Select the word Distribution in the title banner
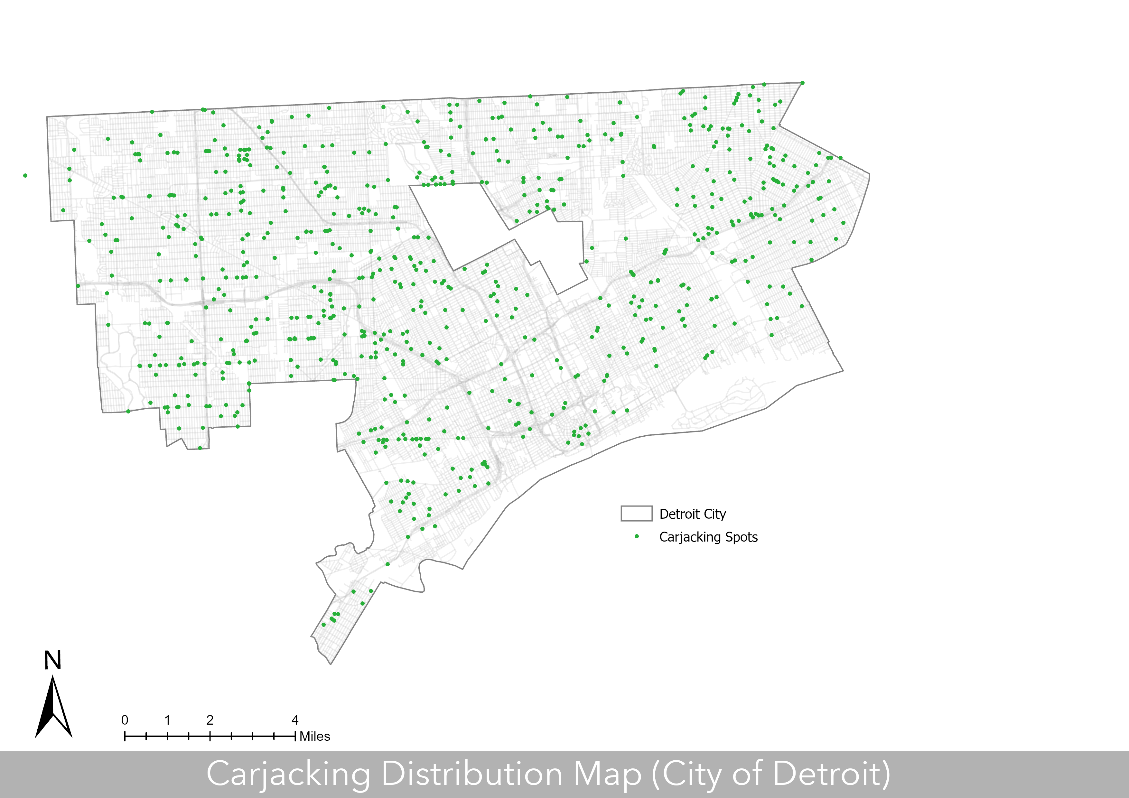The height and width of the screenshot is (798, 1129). pyautogui.click(x=472, y=775)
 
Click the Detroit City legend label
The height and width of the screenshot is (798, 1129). pyautogui.click(x=692, y=514)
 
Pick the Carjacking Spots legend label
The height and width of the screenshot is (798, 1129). pyautogui.click(x=708, y=537)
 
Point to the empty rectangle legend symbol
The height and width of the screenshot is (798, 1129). pyautogui.click(x=636, y=513)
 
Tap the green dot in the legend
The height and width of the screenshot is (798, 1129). pyautogui.click(x=637, y=536)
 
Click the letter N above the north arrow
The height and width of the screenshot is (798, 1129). pyautogui.click(x=52, y=660)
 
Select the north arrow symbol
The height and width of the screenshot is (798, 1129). pyautogui.click(x=53, y=708)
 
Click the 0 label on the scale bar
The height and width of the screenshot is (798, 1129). pyautogui.click(x=125, y=720)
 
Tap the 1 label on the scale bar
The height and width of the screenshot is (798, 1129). pyautogui.click(x=167, y=720)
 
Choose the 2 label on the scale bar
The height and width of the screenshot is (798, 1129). pyautogui.click(x=210, y=720)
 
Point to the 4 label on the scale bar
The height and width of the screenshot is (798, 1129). pyautogui.click(x=295, y=720)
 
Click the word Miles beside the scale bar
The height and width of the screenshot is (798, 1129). pyautogui.click(x=315, y=737)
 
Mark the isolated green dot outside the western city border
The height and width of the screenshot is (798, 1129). pyautogui.click(x=25, y=176)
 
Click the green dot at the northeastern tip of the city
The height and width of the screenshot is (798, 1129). pyautogui.click(x=802, y=83)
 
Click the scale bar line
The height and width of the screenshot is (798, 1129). pyautogui.click(x=210, y=736)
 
